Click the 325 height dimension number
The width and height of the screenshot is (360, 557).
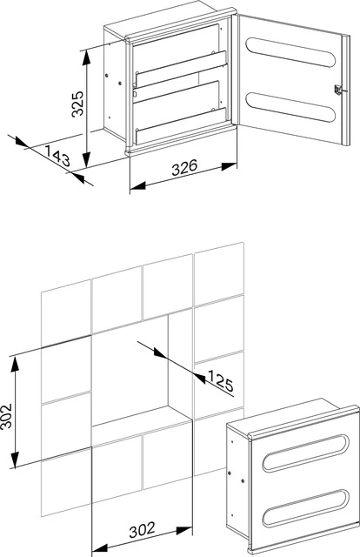click(78, 106)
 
